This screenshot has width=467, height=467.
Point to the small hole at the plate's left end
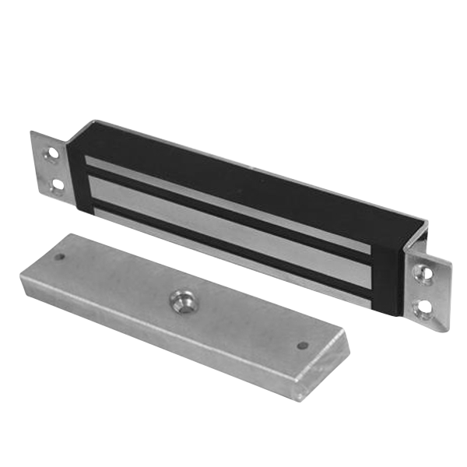point(59,256)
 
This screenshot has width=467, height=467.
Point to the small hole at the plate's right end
point(303,345)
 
